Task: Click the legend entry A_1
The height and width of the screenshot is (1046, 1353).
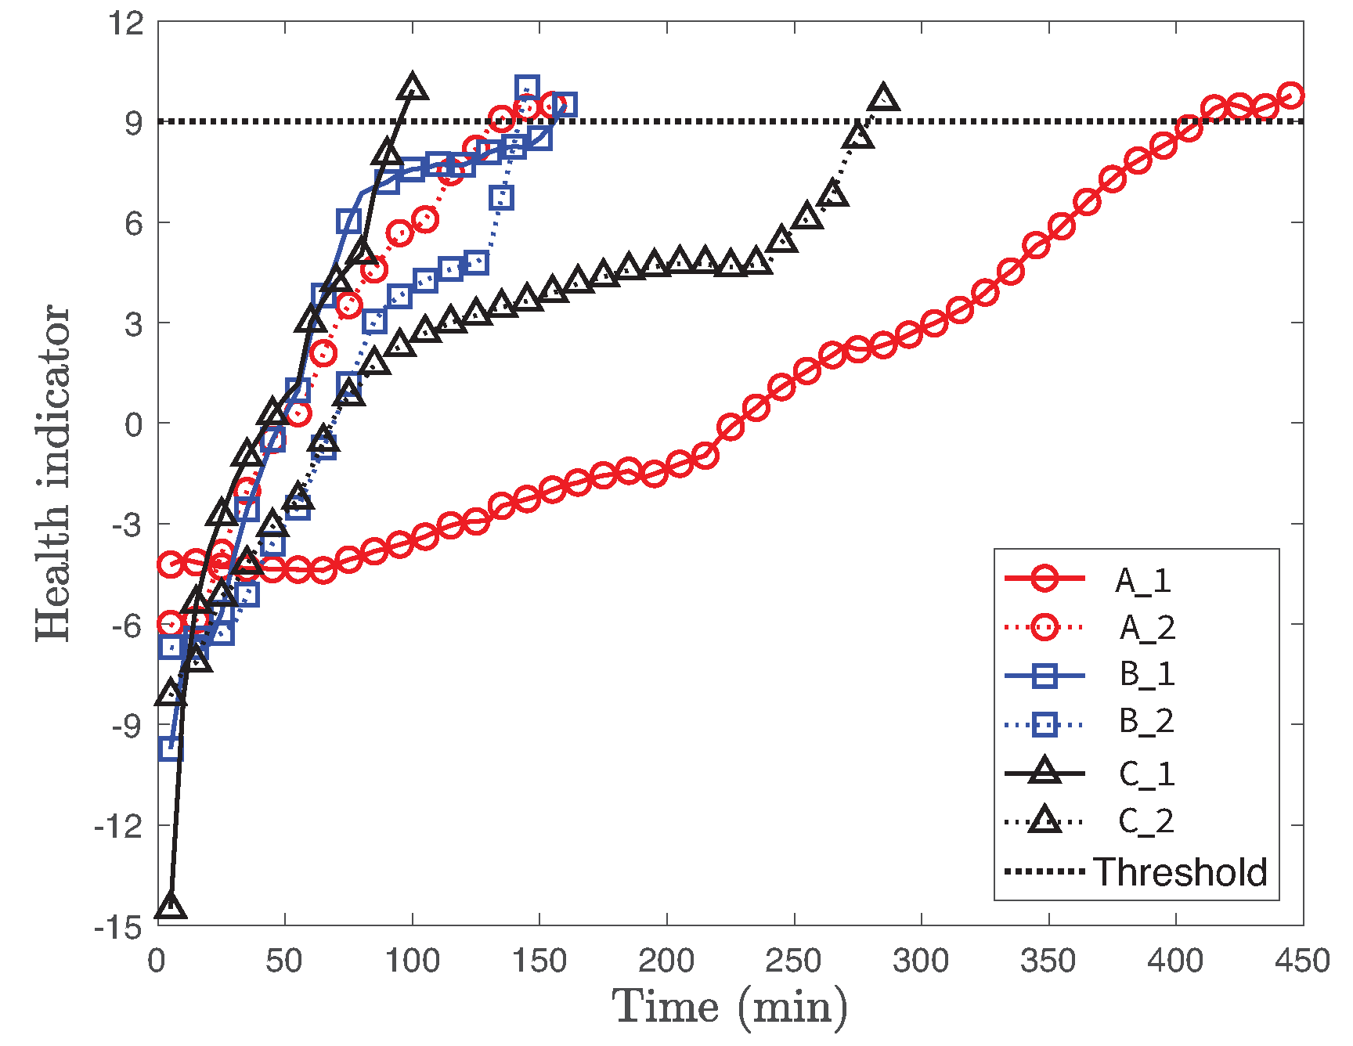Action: [x=1143, y=580]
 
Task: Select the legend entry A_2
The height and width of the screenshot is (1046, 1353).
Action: [x=1147, y=627]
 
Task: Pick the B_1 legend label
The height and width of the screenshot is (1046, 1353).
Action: [x=1147, y=674]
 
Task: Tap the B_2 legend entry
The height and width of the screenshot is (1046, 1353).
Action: [x=1146, y=721]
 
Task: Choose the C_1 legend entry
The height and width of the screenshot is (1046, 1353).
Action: [x=1146, y=774]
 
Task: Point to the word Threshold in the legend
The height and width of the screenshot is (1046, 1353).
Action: [x=1180, y=871]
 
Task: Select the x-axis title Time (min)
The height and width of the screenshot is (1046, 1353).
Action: [x=729, y=1007]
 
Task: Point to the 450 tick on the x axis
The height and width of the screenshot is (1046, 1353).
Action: [x=1302, y=960]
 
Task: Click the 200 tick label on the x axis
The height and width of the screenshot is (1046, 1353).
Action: [x=666, y=960]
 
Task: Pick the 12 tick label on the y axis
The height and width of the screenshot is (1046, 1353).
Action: [x=126, y=23]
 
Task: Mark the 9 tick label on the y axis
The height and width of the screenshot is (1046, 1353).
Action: [x=134, y=123]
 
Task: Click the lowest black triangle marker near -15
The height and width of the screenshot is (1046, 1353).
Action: [x=170, y=906]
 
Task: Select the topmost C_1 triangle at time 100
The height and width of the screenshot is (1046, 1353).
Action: [x=413, y=88]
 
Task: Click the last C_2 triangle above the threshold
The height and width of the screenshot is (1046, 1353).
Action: [x=883, y=99]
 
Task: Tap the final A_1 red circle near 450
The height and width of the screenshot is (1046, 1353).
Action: [x=1290, y=96]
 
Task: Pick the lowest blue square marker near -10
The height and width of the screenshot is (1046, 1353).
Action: [x=171, y=748]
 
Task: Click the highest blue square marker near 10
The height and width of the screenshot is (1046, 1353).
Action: [x=527, y=88]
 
